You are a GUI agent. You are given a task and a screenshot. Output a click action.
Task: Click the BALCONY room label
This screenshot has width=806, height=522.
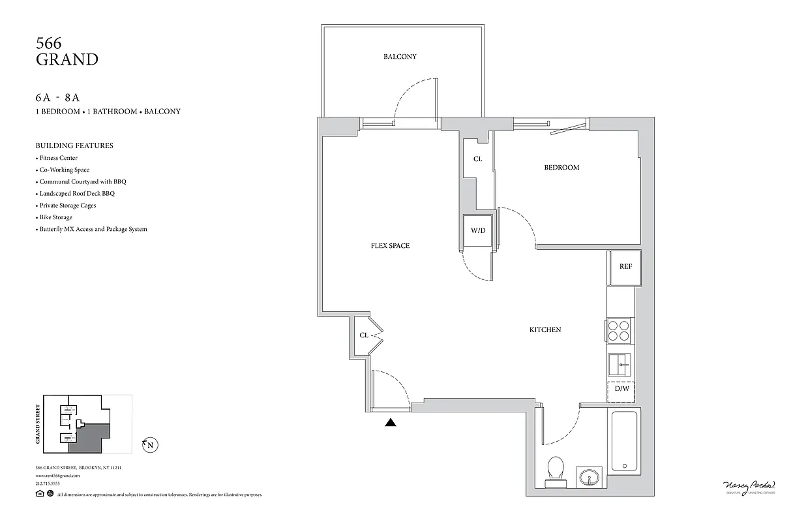click(400, 57)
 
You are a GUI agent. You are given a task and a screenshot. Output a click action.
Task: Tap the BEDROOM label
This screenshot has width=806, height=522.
click(561, 168)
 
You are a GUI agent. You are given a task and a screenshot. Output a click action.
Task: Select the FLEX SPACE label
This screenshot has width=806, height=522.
click(390, 246)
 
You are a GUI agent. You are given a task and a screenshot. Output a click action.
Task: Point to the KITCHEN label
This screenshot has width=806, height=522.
click(545, 330)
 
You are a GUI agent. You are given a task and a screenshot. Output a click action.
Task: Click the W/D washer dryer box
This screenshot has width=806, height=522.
click(477, 230)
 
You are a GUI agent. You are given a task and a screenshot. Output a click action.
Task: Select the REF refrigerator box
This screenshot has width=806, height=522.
click(625, 267)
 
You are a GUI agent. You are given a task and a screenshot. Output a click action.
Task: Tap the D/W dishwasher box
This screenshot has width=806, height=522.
click(621, 390)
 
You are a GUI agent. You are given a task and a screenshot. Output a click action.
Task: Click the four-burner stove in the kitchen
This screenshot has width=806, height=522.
click(619, 331)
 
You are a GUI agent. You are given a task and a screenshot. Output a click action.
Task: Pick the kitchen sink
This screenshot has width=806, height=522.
click(620, 363)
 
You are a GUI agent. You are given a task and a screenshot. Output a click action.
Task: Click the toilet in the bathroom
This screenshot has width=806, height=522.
click(556, 468)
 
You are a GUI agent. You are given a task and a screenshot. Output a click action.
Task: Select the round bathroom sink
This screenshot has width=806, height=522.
click(589, 476)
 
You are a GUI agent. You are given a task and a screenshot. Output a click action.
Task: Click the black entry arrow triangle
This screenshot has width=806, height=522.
click(391, 422)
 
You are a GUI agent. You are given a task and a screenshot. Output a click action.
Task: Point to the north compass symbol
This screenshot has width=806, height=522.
click(151, 446)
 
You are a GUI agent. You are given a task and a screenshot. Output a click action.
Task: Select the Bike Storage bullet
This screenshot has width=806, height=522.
click(55, 217)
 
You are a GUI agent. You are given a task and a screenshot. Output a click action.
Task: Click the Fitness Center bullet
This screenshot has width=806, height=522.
click(58, 158)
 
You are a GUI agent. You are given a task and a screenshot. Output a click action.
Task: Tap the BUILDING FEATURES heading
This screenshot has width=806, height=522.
click(74, 146)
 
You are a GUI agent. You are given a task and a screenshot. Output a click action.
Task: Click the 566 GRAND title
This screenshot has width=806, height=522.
click(67, 52)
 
